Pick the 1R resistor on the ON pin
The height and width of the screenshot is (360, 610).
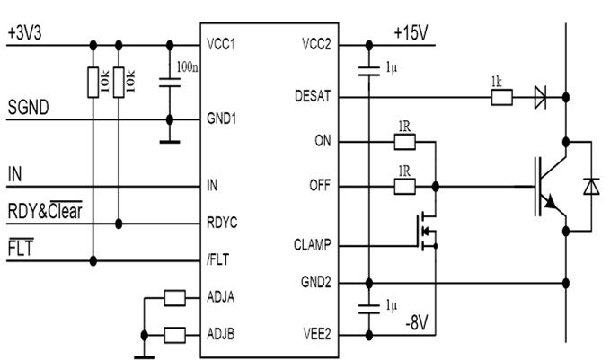404,142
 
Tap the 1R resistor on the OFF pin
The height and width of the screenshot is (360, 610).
404,187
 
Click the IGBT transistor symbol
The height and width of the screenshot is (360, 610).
548,186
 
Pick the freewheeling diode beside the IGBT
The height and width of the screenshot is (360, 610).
589,186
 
